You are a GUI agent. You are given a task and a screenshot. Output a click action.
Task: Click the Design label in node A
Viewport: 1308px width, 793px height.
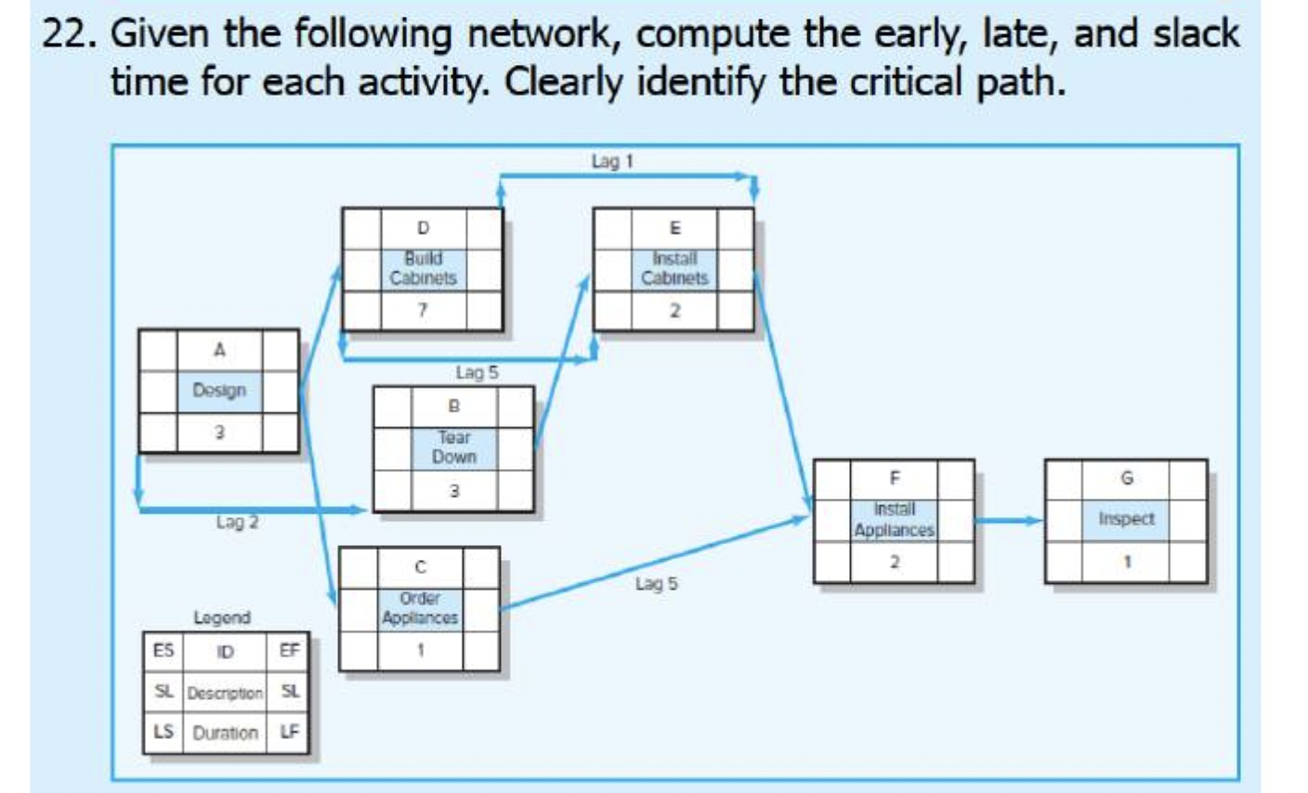pyautogui.click(x=219, y=390)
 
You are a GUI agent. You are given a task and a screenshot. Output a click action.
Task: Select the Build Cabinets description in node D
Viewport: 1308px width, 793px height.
pyautogui.click(x=423, y=268)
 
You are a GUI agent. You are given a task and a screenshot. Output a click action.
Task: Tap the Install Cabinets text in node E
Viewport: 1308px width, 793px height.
pyautogui.click(x=674, y=268)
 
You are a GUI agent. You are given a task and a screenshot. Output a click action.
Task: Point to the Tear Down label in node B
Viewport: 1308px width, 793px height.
pyautogui.click(x=453, y=447)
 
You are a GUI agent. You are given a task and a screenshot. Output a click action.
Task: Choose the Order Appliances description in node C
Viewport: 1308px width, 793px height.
pyautogui.click(x=420, y=608)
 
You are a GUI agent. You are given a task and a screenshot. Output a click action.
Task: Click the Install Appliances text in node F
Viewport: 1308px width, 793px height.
pyautogui.click(x=894, y=520)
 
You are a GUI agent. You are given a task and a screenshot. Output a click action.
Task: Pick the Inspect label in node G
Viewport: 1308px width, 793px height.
pyautogui.click(x=1126, y=519)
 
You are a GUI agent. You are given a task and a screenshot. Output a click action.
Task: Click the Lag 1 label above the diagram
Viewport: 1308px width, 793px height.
pyautogui.click(x=611, y=162)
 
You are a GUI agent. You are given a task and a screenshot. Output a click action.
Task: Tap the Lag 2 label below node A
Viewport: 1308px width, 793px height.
pyautogui.click(x=237, y=523)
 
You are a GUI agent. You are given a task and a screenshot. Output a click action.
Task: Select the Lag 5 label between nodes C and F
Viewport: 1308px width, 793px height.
pyautogui.click(x=657, y=584)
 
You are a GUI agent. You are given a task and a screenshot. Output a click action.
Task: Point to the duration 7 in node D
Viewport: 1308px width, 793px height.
pyautogui.click(x=423, y=311)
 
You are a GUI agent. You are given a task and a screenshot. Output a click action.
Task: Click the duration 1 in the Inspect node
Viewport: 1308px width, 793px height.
pyautogui.click(x=1126, y=562)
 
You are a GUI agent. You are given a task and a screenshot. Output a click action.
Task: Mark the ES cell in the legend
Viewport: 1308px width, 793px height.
pyautogui.click(x=163, y=650)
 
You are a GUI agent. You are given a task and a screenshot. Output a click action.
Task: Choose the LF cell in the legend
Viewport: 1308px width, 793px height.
pyautogui.click(x=290, y=733)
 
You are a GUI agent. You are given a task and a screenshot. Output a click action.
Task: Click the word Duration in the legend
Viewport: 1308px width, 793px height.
pyautogui.click(x=225, y=733)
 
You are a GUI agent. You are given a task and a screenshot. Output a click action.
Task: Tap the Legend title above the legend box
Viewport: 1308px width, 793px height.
pyautogui.click(x=221, y=617)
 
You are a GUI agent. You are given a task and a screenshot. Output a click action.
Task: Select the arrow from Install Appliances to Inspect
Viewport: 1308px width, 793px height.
pyautogui.click(x=1009, y=520)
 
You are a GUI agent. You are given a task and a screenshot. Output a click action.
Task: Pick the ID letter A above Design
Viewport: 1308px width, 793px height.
pyautogui.click(x=219, y=350)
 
